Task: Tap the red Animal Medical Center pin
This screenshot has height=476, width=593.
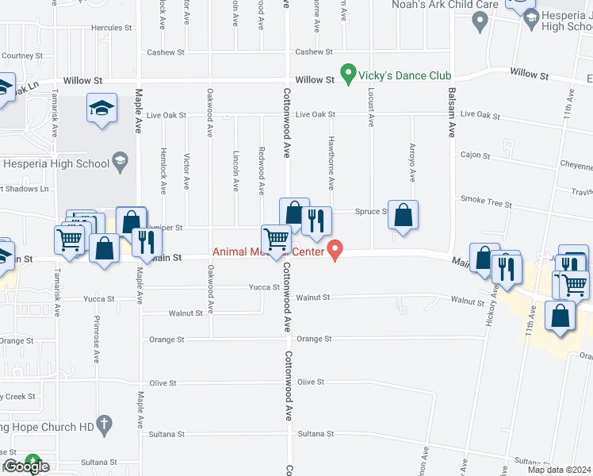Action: tap(335, 250)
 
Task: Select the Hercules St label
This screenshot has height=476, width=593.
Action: tap(112, 28)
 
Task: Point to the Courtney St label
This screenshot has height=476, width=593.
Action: tap(22, 56)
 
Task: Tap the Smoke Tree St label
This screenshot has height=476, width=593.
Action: tap(486, 204)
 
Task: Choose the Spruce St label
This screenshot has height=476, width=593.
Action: tap(371, 212)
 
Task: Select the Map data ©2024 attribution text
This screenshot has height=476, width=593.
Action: tap(560, 470)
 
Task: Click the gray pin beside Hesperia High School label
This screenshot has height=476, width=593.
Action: tap(120, 162)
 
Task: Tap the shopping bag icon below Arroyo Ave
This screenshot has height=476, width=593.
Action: tap(404, 214)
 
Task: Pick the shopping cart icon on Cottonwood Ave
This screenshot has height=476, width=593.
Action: tap(277, 239)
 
